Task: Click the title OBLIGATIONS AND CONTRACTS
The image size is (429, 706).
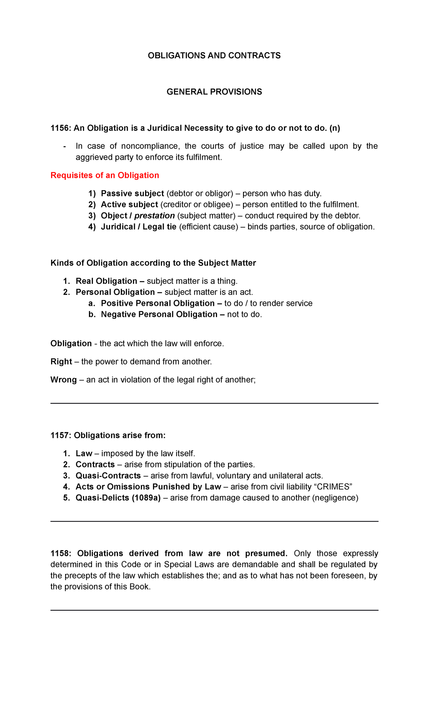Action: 214,56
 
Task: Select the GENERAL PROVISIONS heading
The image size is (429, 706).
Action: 214,92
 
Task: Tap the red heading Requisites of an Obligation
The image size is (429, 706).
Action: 105,175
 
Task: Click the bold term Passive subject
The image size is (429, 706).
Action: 132,194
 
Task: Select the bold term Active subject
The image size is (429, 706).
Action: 129,205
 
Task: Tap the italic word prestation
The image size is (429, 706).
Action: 154,216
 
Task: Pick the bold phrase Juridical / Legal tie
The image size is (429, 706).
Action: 139,227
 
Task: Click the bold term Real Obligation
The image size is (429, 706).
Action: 106,281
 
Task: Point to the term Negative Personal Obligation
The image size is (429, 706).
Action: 159,314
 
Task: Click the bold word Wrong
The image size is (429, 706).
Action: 64,380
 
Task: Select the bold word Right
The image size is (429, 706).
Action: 61,362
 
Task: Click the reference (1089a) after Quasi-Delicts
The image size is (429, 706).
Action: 146,498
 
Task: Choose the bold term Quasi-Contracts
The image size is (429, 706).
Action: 108,476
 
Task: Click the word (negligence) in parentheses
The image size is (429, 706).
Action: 335,498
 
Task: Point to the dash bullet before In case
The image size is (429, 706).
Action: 64,146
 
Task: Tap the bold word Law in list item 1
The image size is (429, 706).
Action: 84,454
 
